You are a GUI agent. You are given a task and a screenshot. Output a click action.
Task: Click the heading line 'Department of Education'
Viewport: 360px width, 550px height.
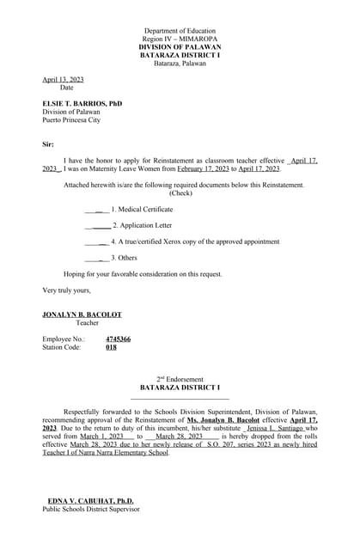tap(180, 30)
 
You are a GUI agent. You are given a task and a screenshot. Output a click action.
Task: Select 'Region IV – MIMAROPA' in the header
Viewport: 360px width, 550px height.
tap(180, 39)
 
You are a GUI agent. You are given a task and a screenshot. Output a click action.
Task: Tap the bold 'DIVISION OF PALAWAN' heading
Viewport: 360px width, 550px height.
tap(180, 46)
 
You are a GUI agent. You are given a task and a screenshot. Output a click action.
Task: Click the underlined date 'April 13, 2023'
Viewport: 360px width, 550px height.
tap(61, 79)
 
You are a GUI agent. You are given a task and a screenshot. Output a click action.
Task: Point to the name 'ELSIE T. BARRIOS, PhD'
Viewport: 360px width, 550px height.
tap(82, 103)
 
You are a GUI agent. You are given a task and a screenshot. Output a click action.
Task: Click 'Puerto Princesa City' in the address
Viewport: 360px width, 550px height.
tap(71, 120)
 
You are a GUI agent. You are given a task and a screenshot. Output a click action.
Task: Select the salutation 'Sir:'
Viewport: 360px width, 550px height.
tap(48, 144)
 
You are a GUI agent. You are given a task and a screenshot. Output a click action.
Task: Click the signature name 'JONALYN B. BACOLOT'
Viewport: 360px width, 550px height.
tap(82, 315)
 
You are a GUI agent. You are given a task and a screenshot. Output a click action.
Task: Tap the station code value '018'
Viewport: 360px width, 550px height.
tap(111, 347)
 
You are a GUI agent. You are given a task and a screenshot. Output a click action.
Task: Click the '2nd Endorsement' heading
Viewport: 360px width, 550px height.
tap(180, 379)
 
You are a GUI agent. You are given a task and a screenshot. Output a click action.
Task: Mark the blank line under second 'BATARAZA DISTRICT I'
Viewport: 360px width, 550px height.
tap(180, 398)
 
